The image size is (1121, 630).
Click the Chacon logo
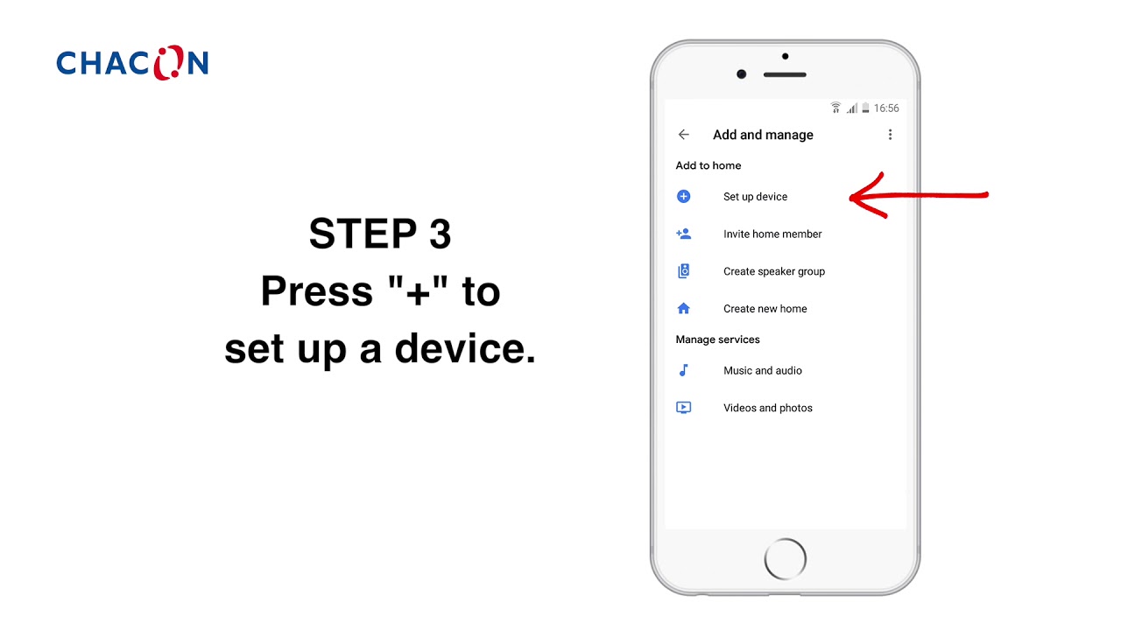coord(132,62)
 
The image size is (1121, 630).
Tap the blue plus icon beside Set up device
coord(684,197)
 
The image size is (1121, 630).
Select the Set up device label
coord(755,197)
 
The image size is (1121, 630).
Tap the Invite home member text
coord(772,234)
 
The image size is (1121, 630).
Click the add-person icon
coord(684,234)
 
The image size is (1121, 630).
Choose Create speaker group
coord(773,271)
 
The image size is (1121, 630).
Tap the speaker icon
coord(684,271)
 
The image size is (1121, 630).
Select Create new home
coord(765,309)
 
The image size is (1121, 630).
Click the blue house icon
coord(684,308)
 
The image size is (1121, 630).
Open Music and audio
coord(762,370)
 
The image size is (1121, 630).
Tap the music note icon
coord(684,370)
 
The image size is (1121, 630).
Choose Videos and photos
coord(768,408)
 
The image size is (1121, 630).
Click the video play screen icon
coord(684,408)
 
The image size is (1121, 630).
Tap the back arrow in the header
coord(684,135)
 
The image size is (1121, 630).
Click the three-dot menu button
coord(890,135)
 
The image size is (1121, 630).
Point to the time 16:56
coord(886,108)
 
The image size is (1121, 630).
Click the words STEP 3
coord(380,233)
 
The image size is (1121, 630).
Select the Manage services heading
coord(717,339)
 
